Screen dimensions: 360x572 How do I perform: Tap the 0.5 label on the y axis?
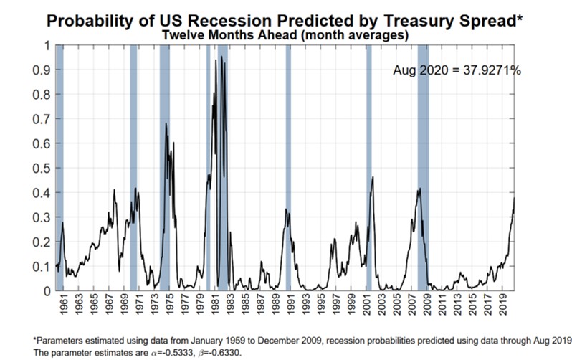(43, 168)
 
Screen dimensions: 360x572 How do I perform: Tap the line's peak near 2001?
(373, 176)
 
